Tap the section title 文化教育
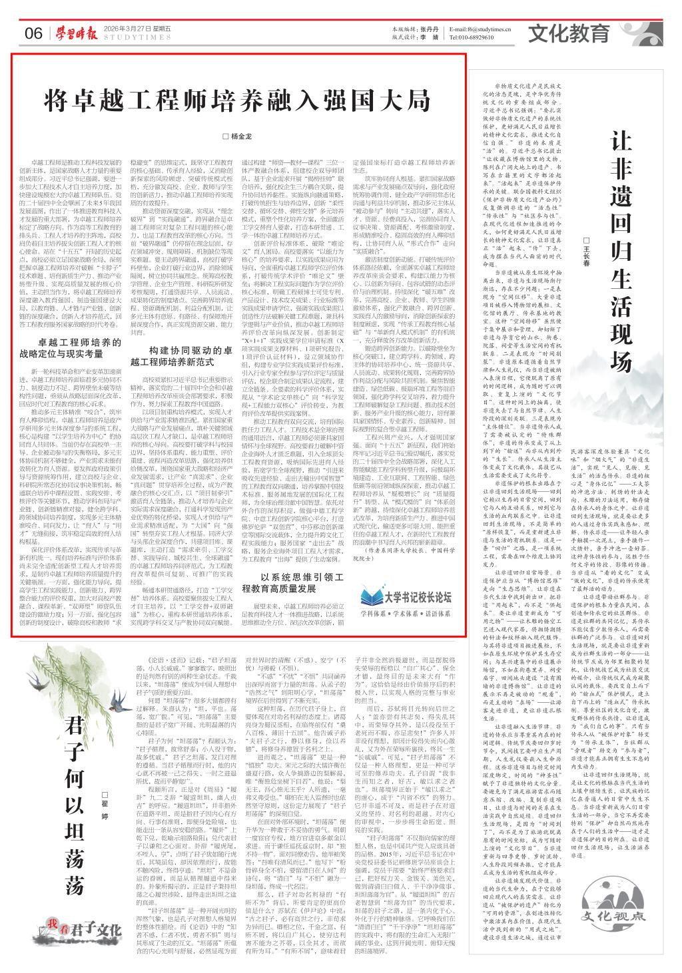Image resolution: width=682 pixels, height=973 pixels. [569, 32]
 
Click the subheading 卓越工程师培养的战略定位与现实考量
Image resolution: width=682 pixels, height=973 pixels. [69, 348]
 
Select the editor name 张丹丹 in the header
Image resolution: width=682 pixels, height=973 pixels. [429, 29]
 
